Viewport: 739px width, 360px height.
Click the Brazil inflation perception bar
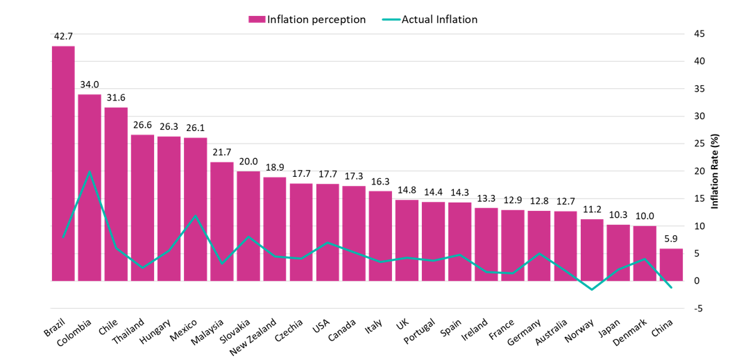click(x=63, y=163)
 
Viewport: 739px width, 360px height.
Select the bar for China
click(x=671, y=264)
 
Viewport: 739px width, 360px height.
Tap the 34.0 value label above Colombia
click(x=90, y=85)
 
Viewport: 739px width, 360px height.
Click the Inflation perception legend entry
click(x=307, y=19)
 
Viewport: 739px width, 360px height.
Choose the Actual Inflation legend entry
click(x=430, y=19)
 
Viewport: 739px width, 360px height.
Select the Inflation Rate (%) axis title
click(x=714, y=171)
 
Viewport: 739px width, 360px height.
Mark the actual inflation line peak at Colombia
click(x=90, y=171)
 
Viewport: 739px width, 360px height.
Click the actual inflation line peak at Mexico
click(x=196, y=216)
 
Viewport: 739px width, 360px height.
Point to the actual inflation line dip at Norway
click(x=592, y=289)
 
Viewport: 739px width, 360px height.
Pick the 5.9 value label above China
click(x=671, y=239)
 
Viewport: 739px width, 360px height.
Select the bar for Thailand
click(x=143, y=207)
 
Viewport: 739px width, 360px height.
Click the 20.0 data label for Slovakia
click(x=248, y=162)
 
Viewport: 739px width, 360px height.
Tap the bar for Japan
click(x=618, y=252)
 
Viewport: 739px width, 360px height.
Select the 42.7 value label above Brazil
click(x=63, y=36)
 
